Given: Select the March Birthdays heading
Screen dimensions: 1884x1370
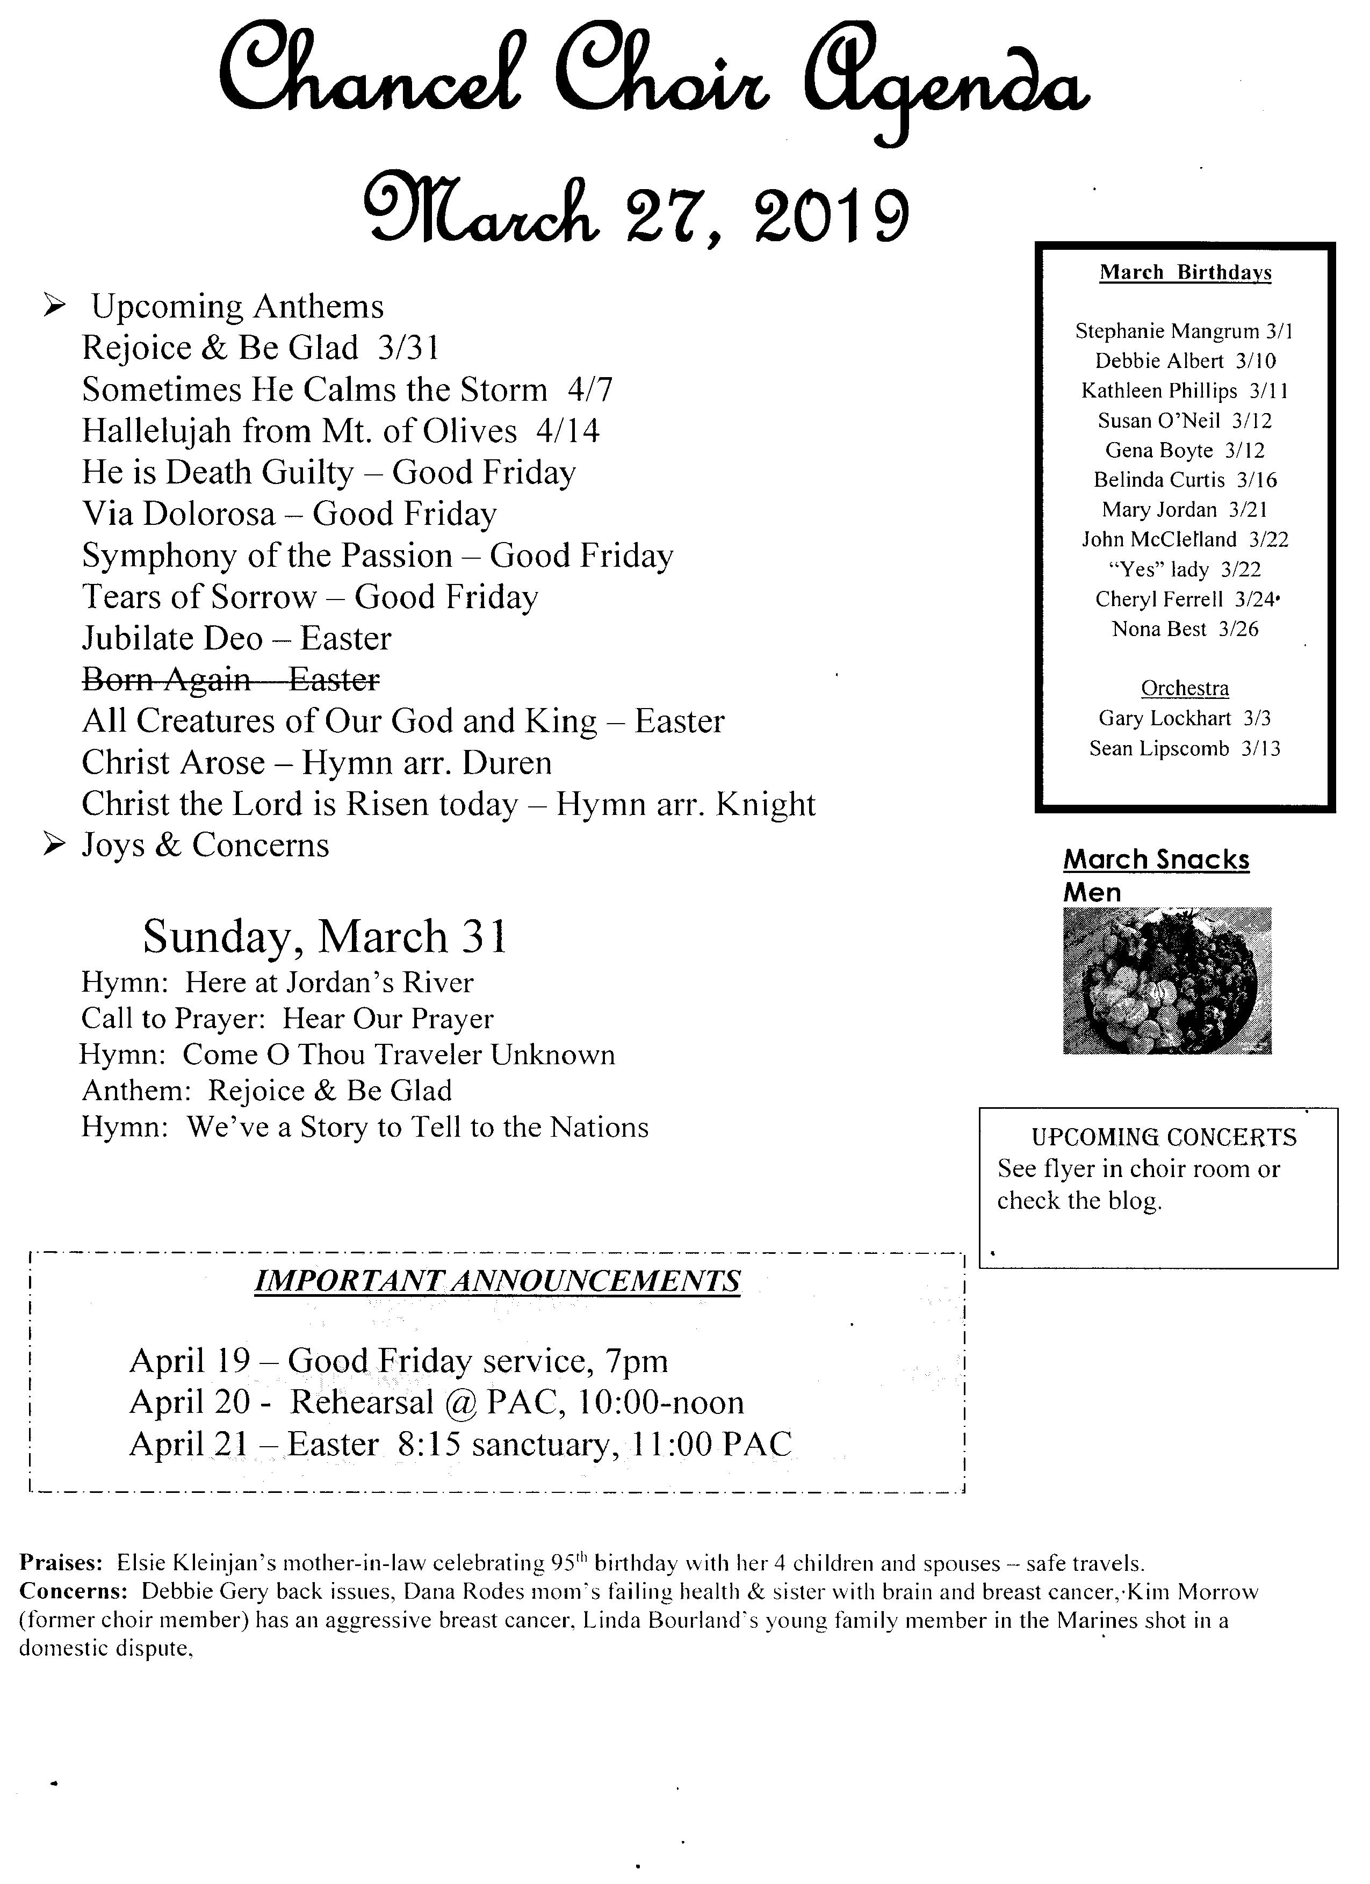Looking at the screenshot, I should (1185, 272).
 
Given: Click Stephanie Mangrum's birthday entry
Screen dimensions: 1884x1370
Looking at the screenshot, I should (1184, 331).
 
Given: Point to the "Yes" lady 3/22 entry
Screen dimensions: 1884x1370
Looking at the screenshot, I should (1184, 570).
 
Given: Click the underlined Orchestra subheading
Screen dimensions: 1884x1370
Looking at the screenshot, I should (1184, 689).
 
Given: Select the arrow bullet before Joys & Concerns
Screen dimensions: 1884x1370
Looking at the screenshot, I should (55, 846).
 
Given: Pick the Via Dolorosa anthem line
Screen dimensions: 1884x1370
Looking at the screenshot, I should (289, 514).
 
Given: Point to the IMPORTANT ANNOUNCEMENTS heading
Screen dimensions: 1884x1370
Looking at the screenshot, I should (497, 1280).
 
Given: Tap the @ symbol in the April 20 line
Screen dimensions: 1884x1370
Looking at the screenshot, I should (459, 1403).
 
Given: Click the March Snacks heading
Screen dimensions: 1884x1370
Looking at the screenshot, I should (1156, 860).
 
